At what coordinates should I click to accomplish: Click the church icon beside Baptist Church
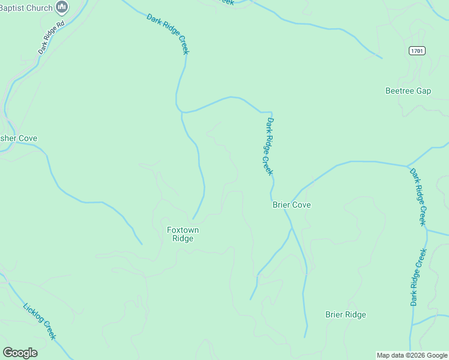click(x=61, y=7)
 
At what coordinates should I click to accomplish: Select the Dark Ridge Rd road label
click(x=51, y=38)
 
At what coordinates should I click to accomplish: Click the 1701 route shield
click(x=418, y=50)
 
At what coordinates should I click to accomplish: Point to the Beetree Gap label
click(x=408, y=91)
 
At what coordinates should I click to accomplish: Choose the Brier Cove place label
click(x=292, y=205)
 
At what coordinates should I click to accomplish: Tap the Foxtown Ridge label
click(x=182, y=234)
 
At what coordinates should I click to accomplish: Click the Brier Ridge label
click(x=345, y=314)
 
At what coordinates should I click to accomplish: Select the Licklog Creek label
click(x=40, y=322)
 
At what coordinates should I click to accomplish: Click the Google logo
click(x=20, y=352)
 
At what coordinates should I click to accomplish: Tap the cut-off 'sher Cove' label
click(x=19, y=138)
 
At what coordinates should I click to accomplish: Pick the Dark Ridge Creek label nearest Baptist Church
click(x=168, y=34)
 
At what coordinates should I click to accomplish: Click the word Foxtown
click(x=182, y=230)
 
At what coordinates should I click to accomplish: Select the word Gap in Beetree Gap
click(x=423, y=91)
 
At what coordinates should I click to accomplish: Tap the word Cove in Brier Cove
click(x=302, y=205)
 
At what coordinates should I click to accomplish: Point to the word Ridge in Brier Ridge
click(x=355, y=314)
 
